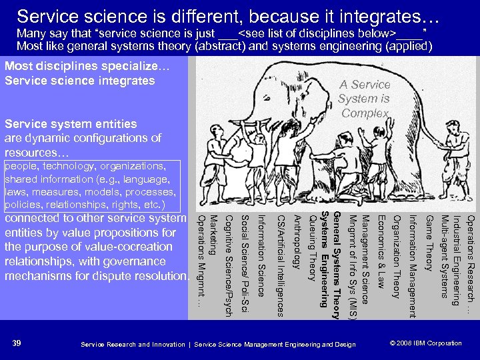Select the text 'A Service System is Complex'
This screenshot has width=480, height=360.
click(x=364, y=99)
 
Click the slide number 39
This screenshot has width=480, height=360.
click(x=17, y=343)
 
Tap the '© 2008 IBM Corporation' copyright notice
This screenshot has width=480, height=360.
click(x=425, y=343)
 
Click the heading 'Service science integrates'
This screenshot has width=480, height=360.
click(x=79, y=81)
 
